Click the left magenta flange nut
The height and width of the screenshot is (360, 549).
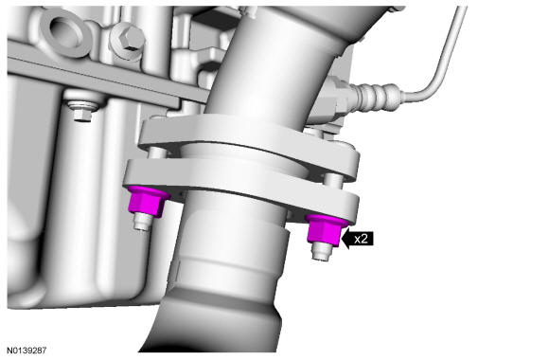pos(147,202)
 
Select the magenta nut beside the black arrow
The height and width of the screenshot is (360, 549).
pos(326,230)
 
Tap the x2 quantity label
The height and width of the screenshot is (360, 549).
pos(361,239)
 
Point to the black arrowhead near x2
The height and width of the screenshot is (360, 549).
pos(345,239)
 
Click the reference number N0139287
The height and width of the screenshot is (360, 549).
pos(27,351)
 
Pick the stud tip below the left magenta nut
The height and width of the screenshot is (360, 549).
pos(143,223)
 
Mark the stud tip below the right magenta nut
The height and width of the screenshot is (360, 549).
pos(322,252)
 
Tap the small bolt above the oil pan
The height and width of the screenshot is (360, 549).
pos(83,110)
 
